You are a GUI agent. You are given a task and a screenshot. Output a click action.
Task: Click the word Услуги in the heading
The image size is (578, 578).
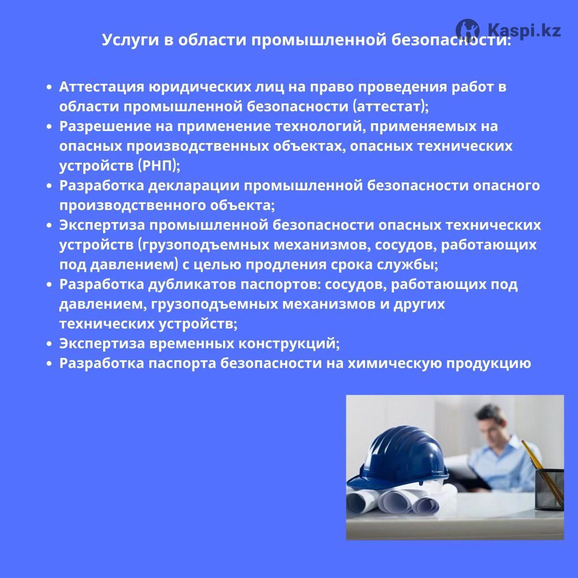click(x=131, y=40)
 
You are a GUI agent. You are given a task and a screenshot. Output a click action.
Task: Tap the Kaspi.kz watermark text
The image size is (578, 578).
click(x=524, y=30)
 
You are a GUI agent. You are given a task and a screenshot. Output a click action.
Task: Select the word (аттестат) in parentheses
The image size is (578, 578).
click(x=389, y=107)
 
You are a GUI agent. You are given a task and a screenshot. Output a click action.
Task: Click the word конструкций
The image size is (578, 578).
click(x=287, y=344)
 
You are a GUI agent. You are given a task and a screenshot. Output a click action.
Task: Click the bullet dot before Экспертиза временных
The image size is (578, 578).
click(x=50, y=344)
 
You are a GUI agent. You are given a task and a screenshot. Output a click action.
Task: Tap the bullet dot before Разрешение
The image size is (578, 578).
click(x=50, y=127)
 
